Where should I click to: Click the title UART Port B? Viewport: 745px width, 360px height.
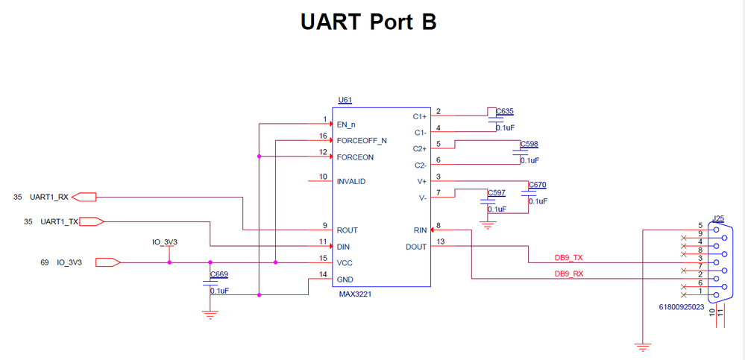click(x=368, y=22)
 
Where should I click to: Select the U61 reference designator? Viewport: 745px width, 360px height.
click(x=345, y=100)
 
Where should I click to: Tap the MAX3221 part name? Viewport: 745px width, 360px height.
click(x=356, y=295)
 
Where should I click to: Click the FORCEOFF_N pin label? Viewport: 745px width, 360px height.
click(x=362, y=140)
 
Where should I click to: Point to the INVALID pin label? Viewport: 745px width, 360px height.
click(x=351, y=181)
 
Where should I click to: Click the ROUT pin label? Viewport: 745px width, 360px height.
click(x=348, y=230)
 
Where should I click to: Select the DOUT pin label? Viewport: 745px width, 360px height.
click(x=416, y=247)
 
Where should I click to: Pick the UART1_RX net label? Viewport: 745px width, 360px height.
click(x=49, y=198)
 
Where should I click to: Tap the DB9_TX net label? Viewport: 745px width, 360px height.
click(x=569, y=258)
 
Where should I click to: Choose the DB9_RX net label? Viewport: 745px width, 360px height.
click(x=569, y=274)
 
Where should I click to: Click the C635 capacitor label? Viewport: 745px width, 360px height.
click(x=505, y=111)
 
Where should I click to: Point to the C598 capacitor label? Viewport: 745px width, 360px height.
click(x=529, y=143)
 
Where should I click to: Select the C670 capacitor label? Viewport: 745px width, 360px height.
click(x=537, y=185)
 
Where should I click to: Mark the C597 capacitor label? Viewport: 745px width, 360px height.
click(x=496, y=193)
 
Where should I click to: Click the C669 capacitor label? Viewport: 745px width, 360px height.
click(x=219, y=274)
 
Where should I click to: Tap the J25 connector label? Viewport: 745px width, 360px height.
click(x=718, y=218)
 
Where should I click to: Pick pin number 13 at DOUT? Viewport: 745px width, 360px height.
click(x=441, y=241)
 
